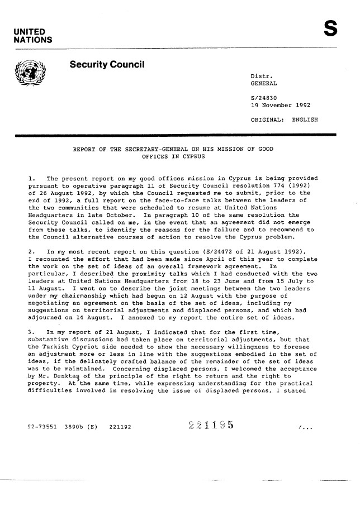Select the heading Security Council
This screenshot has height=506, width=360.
(x=107, y=65)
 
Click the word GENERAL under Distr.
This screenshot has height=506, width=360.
(x=265, y=83)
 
